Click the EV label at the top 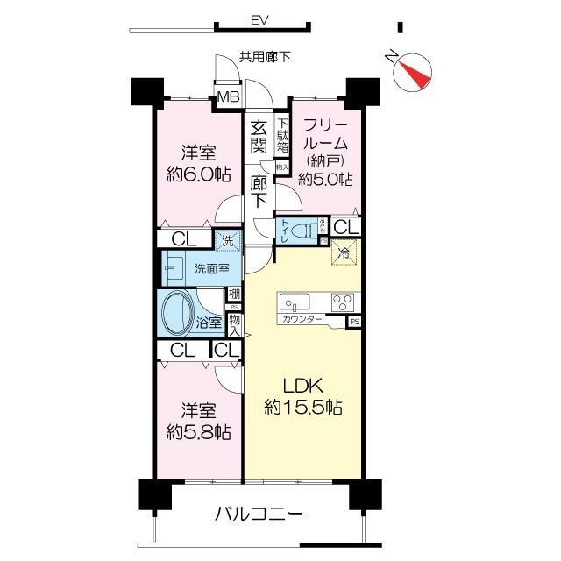pos(258,19)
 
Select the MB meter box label pos(228,96)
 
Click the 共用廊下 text pos(265,57)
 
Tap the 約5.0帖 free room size pos(325,179)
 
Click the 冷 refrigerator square pos(344,253)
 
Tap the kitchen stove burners pos(342,303)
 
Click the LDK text pos(304,386)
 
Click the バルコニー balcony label pos(259,514)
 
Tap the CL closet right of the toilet pos(345,228)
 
